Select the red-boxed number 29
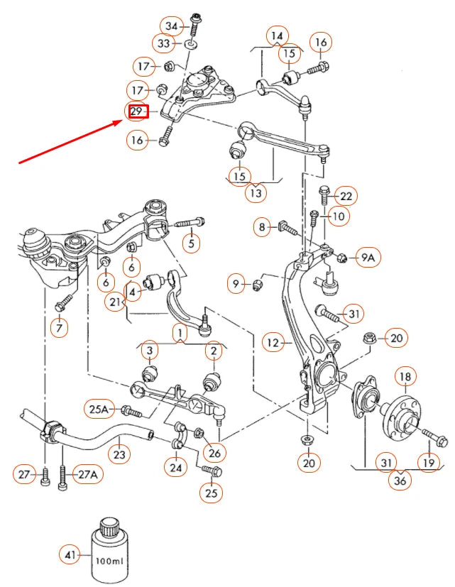point(137,111)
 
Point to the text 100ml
point(109,560)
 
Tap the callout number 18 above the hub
point(405,376)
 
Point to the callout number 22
point(346,195)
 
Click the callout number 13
point(255,192)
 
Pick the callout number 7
point(58,328)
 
